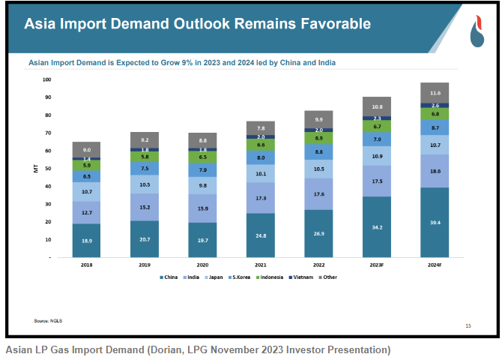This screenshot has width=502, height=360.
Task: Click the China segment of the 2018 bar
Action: point(86,240)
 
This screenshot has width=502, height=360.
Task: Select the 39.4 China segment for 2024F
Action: point(435,222)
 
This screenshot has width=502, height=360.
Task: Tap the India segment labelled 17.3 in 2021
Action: point(261,197)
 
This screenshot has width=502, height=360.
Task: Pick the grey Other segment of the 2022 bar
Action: point(318,119)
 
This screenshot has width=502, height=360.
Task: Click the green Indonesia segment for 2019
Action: point(145,156)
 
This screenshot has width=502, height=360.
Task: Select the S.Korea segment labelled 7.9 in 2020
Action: point(202,169)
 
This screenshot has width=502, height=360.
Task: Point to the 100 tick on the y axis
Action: point(46,79)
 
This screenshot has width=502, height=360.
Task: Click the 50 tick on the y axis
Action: point(47,169)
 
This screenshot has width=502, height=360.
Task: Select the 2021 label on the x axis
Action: point(261,265)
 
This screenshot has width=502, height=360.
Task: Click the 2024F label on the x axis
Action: point(435,265)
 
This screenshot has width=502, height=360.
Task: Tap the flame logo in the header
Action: point(477,30)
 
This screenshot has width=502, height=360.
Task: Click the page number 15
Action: point(468,325)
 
